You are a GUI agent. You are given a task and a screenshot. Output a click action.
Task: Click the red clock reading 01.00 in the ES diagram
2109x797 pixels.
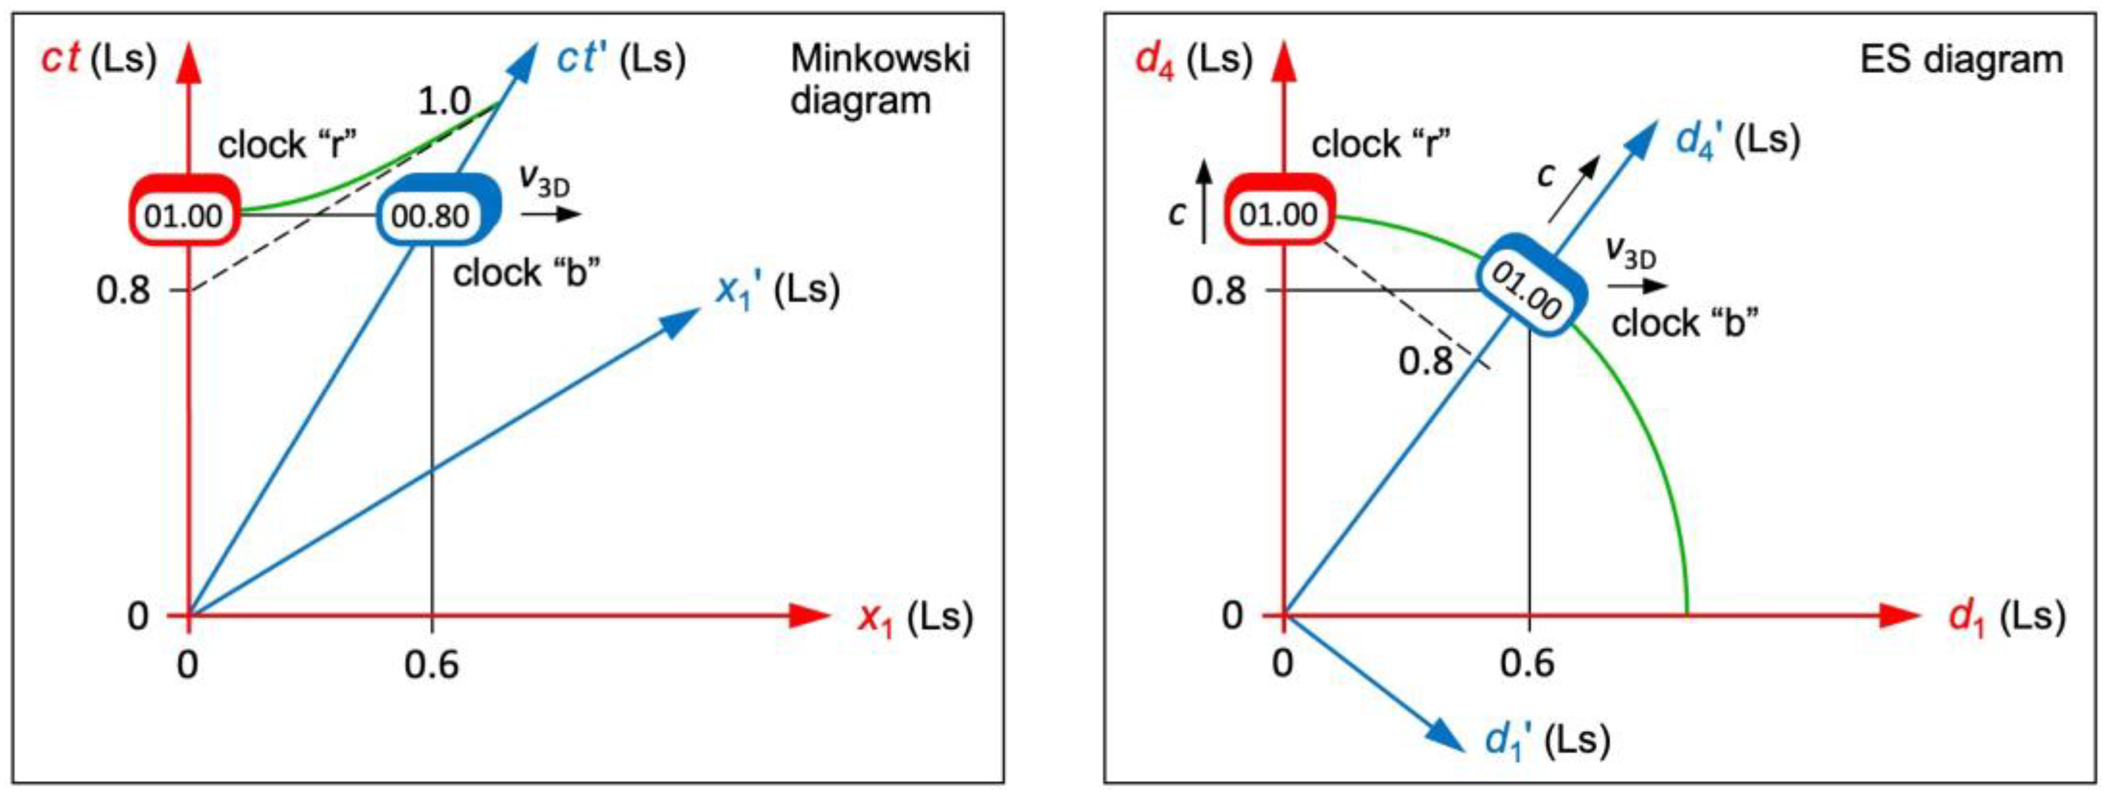click(x=1278, y=214)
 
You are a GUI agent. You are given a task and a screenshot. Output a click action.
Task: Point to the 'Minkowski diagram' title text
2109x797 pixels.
click(x=879, y=80)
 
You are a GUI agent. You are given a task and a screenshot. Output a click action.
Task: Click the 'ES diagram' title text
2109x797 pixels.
click(x=1960, y=60)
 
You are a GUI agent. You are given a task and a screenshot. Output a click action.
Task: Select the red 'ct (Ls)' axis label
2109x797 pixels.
click(x=98, y=60)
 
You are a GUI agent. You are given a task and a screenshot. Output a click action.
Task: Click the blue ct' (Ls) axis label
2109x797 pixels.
click(x=620, y=60)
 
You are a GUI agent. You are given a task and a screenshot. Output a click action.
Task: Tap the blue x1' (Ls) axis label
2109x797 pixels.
click(x=777, y=290)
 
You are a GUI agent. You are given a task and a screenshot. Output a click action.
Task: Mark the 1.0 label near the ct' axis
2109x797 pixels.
click(x=444, y=101)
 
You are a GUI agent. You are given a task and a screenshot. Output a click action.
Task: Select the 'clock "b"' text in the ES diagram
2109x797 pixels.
click(x=1685, y=324)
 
